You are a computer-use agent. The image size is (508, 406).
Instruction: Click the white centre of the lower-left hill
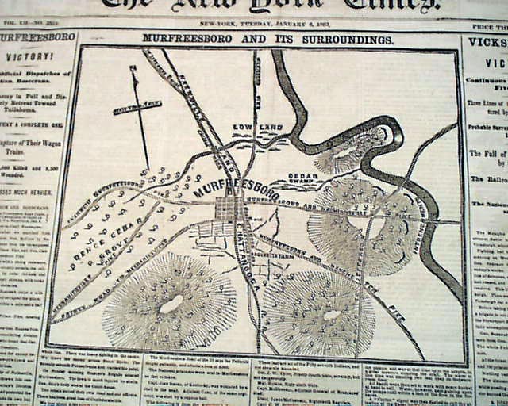[x=171, y=304]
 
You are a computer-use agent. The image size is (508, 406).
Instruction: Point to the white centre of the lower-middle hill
[x=333, y=315]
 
